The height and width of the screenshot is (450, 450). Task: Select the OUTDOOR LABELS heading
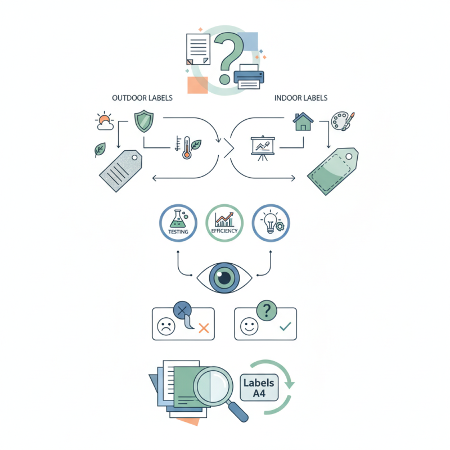tap(142, 98)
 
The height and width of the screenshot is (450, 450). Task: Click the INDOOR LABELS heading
tap(301, 98)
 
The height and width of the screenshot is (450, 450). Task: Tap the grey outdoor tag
tap(120, 169)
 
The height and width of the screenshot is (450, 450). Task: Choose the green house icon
tap(303, 121)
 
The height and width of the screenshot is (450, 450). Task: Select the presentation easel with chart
tap(261, 148)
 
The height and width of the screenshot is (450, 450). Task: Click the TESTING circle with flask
tap(178, 222)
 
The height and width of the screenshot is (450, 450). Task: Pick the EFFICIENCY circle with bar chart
tap(224, 222)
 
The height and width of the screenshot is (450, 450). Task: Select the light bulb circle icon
tap(271, 222)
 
